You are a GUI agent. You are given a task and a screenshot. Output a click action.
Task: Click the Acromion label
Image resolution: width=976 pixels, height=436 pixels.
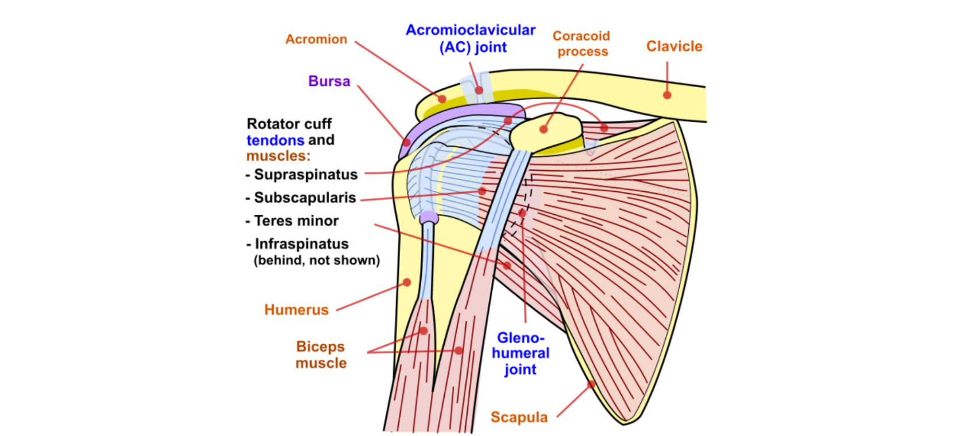point(316,40)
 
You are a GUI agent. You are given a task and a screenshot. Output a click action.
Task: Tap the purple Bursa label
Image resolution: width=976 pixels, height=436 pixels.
point(329,81)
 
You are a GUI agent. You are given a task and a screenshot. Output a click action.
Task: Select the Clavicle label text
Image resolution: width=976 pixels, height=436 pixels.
point(674,46)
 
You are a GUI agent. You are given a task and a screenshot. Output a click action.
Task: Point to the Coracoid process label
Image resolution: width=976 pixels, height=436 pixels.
point(581,44)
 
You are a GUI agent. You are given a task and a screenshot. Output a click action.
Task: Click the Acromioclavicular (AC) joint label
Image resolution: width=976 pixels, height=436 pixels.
point(471,38)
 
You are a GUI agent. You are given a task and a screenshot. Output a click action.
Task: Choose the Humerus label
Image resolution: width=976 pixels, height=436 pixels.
point(296,310)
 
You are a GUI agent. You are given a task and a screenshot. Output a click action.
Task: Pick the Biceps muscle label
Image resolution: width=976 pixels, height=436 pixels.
point(321,355)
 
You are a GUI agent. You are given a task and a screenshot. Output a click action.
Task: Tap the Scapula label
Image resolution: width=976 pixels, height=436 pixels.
point(519,417)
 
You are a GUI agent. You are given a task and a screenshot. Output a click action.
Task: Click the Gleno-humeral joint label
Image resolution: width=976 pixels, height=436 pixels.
point(520,353)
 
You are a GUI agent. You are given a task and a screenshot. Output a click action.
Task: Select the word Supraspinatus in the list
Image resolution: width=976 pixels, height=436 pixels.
point(305,175)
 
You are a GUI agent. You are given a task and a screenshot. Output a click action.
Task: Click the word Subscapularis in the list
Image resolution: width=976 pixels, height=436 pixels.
point(305,198)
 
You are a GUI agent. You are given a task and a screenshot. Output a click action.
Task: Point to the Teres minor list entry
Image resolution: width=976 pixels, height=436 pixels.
point(296,221)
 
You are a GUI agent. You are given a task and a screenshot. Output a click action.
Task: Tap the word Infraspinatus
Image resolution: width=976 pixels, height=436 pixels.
point(301,244)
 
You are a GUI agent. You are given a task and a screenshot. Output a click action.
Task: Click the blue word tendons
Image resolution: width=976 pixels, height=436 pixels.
point(275,140)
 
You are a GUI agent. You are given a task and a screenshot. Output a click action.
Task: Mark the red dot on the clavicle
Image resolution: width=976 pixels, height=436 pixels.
point(667,95)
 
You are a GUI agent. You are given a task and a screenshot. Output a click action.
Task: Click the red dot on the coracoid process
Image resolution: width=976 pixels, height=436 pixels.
point(543,129)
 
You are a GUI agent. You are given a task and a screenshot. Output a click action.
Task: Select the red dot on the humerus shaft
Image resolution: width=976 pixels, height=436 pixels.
point(407,282)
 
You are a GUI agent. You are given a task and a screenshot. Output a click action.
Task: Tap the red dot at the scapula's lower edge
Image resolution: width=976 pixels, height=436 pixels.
point(591,385)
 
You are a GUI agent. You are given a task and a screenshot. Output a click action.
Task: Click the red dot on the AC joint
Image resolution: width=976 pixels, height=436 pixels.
point(479,90)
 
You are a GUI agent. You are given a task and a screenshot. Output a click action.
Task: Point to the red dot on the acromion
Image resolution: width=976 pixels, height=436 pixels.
point(442,99)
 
